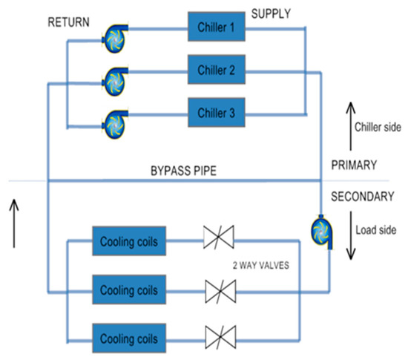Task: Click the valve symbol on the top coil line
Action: pyautogui.click(x=219, y=240)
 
